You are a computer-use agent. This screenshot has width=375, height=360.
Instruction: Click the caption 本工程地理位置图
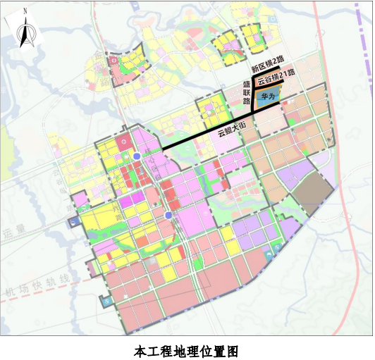click(187, 349)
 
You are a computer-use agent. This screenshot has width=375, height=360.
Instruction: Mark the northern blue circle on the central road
click(136, 156)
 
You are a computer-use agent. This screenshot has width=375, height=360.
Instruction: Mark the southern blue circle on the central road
click(168, 215)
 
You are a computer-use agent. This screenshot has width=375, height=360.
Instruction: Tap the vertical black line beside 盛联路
click(252, 106)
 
